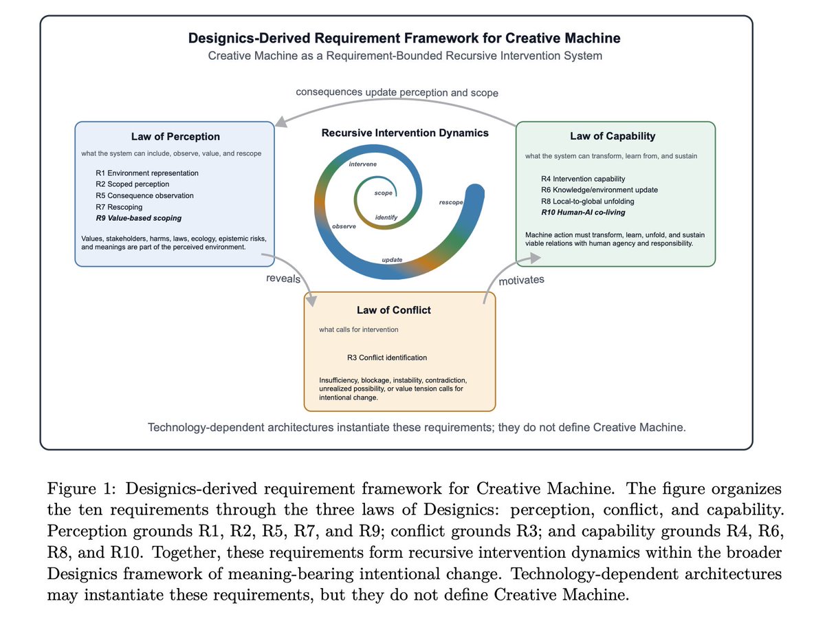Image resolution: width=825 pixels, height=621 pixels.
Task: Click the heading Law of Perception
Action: click(175, 136)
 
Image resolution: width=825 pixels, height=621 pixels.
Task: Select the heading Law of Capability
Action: click(613, 136)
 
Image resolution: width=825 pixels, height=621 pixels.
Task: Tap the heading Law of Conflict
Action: click(393, 310)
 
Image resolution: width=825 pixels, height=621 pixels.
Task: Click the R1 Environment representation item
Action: click(147, 173)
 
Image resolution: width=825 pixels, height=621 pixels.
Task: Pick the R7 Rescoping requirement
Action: click(119, 207)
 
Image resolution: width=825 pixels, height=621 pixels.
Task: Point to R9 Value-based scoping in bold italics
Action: click(138, 218)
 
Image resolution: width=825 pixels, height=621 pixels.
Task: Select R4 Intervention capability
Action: click(583, 179)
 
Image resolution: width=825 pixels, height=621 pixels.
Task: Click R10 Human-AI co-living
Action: click(583, 213)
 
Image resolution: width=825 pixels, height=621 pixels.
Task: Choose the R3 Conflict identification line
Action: click(387, 358)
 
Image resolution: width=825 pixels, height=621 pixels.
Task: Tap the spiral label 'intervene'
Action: click(362, 164)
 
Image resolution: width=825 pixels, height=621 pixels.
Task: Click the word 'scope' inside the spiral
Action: click(383, 193)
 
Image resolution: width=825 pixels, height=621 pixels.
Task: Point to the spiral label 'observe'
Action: click(344, 226)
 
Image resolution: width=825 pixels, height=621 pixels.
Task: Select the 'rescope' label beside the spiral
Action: click(450, 202)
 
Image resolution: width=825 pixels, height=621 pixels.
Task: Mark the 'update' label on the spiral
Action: click(392, 259)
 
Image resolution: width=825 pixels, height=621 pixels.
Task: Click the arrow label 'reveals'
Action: click(283, 279)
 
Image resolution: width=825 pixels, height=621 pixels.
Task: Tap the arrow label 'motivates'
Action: click(521, 280)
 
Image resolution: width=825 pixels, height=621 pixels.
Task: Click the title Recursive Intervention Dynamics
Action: click(405, 133)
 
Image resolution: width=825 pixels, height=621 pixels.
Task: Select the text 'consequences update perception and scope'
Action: click(397, 92)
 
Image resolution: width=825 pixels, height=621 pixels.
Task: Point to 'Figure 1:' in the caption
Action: click(80, 489)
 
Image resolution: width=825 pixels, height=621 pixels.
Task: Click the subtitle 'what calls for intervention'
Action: click(359, 329)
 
